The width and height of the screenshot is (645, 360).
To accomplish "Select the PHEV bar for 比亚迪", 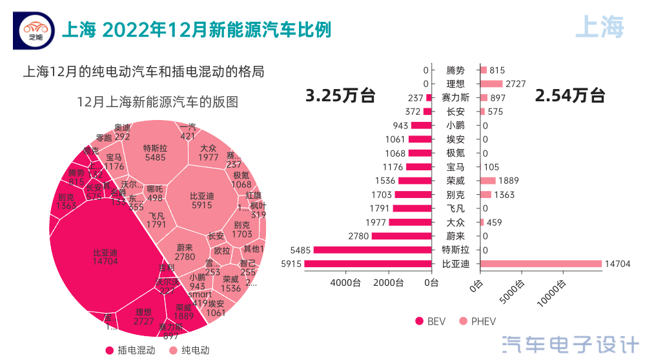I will click(540, 264).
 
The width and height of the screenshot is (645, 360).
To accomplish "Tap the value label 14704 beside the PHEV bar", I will click(617, 264).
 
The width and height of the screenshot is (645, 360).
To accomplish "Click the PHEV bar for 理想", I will click(491, 84).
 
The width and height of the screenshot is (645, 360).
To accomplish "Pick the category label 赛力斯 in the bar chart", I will click(455, 98).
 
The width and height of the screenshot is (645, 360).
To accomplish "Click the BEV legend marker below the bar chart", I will click(419, 321).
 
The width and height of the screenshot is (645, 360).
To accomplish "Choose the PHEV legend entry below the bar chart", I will click(477, 321).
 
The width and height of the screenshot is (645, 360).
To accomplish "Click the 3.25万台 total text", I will click(340, 96).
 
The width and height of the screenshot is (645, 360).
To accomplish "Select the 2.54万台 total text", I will click(569, 96).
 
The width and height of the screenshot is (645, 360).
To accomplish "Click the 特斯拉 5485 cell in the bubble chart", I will click(155, 152).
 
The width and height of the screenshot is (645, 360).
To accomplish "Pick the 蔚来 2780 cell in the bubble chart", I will click(185, 252).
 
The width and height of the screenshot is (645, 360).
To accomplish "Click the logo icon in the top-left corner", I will click(35, 30).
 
